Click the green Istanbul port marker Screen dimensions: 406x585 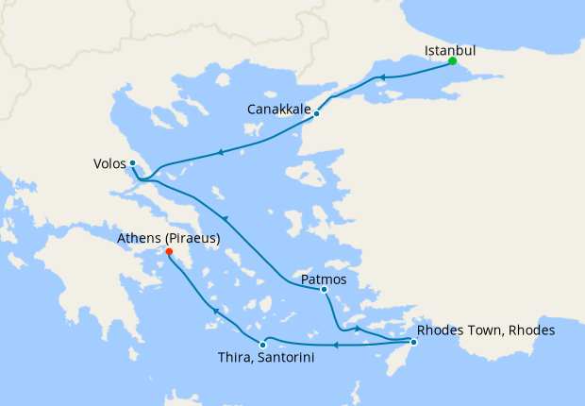click(452, 61)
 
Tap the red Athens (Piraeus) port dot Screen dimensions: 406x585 click(169, 252)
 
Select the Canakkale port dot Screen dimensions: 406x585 click(317, 113)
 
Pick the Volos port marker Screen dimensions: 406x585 click(133, 162)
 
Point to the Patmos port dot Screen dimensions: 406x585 click(324, 290)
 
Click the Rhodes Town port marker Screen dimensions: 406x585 click(413, 341)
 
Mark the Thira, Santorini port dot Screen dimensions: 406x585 click(262, 345)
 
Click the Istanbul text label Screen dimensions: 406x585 click(449, 49)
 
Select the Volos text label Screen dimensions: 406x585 click(109, 162)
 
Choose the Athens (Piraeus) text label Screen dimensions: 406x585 click(168, 239)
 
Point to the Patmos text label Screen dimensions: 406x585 click(324, 279)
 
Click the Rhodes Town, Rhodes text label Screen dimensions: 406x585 click(486, 330)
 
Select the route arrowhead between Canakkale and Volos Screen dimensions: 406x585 click(220, 151)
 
